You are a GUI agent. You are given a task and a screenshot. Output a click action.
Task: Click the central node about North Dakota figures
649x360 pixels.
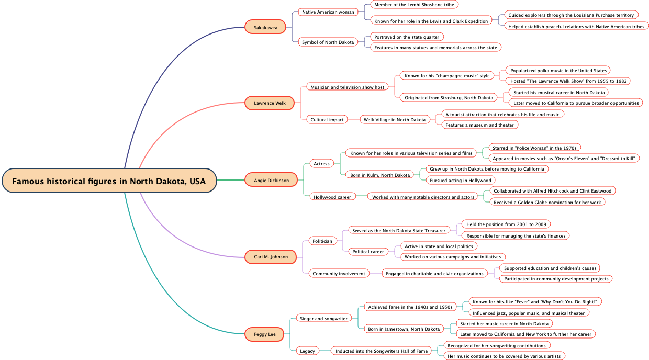coord(109,181)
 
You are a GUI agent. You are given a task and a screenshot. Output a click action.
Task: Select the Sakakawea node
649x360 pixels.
coord(265,27)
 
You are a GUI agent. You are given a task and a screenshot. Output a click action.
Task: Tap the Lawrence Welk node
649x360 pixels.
coord(270,103)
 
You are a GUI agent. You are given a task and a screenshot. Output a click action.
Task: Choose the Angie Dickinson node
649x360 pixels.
coord(271,181)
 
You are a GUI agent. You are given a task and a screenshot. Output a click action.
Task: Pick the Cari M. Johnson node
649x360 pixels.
coord(271,257)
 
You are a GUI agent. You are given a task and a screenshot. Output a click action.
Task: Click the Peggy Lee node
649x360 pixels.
coord(265,334)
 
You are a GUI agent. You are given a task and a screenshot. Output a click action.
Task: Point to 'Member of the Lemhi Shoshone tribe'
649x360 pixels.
coord(414,5)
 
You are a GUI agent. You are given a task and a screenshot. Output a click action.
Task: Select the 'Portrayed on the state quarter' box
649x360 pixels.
coord(407,37)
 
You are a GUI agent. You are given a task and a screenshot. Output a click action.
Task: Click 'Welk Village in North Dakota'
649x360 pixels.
coord(395,120)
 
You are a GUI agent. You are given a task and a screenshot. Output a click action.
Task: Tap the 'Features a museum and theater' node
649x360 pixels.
coord(479,125)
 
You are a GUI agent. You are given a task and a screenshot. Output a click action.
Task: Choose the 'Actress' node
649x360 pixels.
coord(321,164)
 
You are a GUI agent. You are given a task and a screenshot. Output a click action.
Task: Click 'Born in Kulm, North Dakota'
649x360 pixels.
coord(380,175)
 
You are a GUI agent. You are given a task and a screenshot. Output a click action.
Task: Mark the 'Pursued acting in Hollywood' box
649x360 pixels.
coord(460,181)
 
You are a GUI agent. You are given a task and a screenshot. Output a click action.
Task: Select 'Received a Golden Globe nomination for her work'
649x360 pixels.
coord(547,203)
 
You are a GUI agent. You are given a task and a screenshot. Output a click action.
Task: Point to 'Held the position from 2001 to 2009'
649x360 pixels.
coord(506,224)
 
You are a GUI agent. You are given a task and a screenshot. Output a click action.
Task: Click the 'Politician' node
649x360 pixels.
coord(322,241)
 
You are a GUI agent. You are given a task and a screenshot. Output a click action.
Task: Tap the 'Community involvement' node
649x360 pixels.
coord(339,274)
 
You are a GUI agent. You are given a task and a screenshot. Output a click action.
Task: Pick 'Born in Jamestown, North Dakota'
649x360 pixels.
coord(404,329)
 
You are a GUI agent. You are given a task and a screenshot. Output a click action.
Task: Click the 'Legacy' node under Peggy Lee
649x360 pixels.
coord(307,351)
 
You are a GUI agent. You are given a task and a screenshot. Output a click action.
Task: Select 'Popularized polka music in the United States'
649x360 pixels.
coord(558,71)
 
